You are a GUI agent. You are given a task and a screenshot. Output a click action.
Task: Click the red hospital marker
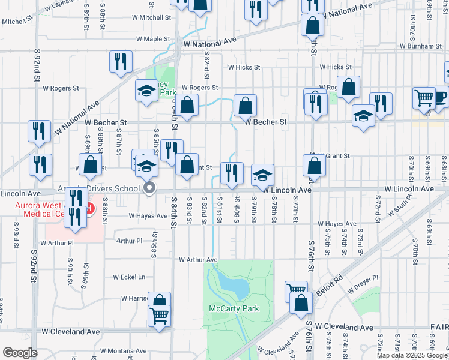coord(90,209)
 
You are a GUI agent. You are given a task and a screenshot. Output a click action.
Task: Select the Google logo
coord(20,353)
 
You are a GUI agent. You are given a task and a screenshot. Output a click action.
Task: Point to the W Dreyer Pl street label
coord(363,279)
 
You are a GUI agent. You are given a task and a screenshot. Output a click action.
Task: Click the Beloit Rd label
coord(330,280)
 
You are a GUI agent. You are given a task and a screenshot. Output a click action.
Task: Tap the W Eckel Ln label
coord(129,277)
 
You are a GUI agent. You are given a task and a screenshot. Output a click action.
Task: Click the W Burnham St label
coord(423,46)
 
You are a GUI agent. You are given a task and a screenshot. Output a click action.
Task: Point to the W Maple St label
coord(153,39)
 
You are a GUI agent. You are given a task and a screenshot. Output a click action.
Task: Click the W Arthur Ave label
coord(197,260)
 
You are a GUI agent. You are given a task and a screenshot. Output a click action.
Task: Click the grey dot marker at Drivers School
coord(150,188)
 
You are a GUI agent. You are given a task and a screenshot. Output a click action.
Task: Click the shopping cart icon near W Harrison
coord(159,315)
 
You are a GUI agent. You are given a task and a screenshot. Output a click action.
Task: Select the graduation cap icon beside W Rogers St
coord(147,91)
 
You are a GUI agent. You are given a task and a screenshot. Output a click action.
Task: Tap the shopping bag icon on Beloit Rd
coord(301,303)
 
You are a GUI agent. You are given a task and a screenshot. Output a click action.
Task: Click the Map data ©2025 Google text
coord(412,355)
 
